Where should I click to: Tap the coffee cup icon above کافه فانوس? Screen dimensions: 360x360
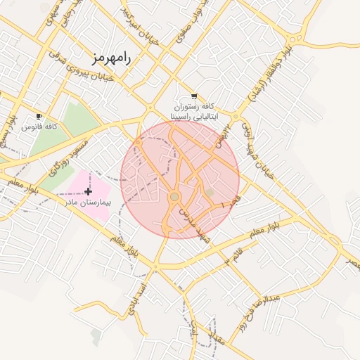click(x=39, y=116)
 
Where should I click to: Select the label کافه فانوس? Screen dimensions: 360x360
click(x=39, y=127)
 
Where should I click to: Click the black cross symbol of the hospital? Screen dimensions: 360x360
click(x=88, y=191)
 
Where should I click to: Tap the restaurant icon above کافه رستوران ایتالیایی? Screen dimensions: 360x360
click(x=194, y=96)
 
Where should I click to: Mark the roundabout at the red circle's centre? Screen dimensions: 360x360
click(x=174, y=196)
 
